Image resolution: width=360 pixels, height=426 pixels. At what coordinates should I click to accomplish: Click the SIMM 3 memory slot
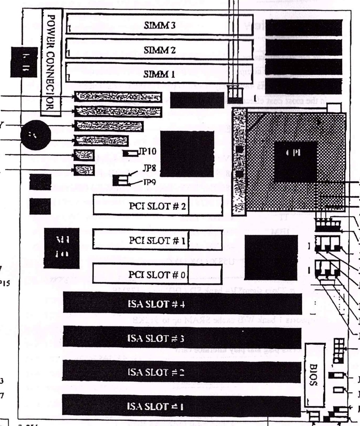(x=159, y=25)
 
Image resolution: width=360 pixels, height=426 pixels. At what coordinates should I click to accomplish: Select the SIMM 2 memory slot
(x=159, y=50)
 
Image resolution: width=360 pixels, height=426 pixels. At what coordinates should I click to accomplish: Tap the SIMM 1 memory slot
(x=159, y=74)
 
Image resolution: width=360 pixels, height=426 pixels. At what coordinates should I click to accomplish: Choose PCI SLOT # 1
(x=157, y=240)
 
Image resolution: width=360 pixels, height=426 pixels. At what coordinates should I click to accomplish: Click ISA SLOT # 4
(x=182, y=303)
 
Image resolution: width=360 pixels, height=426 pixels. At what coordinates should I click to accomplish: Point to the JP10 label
(x=148, y=151)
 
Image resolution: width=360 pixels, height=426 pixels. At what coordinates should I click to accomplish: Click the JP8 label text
(x=149, y=168)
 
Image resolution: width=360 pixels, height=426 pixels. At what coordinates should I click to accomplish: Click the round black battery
(x=36, y=135)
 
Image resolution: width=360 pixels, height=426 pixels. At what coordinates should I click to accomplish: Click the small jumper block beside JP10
(x=130, y=153)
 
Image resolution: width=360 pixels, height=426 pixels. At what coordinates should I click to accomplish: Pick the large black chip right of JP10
(x=187, y=154)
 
